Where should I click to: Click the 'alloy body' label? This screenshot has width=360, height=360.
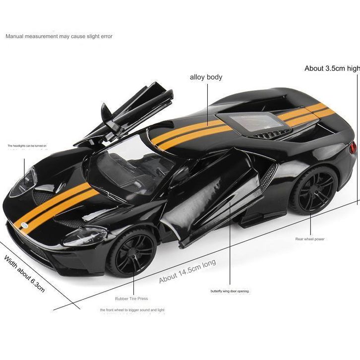(206, 77)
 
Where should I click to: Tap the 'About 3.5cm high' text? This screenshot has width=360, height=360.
(332, 68)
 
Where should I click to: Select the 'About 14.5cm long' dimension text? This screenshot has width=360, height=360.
(187, 271)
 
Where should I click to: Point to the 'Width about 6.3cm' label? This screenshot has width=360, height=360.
(24, 273)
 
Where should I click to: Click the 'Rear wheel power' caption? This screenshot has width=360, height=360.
(310, 239)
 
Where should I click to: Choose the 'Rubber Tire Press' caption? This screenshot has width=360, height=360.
(131, 299)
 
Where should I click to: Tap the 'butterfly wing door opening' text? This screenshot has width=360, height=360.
(230, 291)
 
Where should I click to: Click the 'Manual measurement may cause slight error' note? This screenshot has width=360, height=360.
(59, 36)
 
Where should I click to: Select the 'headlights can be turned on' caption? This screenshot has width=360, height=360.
(27, 146)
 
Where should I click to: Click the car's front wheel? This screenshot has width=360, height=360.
(132, 252)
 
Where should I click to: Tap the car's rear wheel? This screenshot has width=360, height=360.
(313, 190)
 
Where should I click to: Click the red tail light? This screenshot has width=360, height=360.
(353, 148)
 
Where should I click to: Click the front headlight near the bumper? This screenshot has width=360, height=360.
(84, 236)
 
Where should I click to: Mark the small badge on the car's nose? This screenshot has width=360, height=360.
(22, 226)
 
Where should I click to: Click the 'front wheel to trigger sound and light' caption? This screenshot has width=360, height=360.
(132, 310)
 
